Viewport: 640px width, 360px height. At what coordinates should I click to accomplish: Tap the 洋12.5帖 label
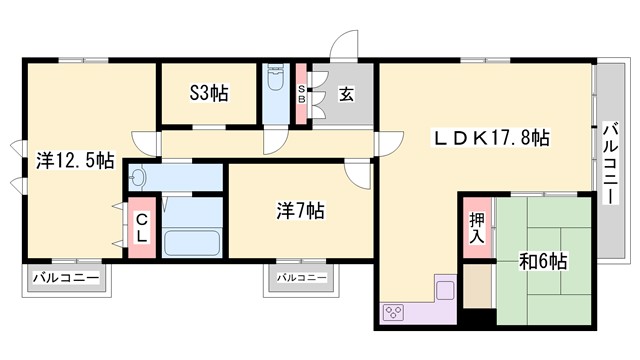(75, 159)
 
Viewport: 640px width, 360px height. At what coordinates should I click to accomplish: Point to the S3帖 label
(209, 93)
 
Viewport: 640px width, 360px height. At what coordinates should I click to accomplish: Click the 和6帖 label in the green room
(543, 261)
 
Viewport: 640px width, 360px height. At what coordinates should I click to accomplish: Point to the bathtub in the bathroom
(192, 243)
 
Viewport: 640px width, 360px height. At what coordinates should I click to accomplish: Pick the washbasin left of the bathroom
(139, 178)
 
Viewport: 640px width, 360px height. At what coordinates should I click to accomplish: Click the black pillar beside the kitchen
(479, 319)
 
